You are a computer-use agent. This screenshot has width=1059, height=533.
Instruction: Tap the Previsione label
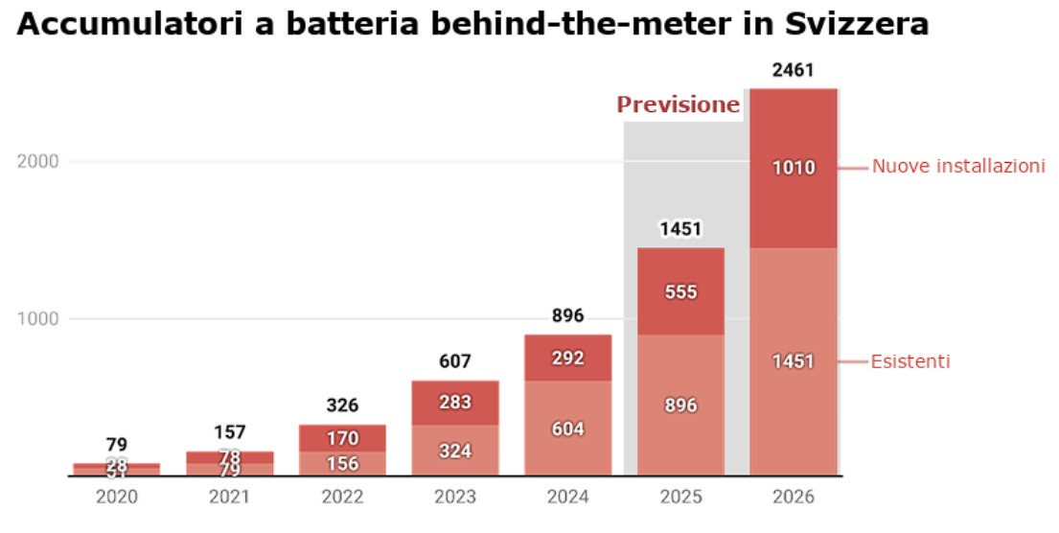click(678, 104)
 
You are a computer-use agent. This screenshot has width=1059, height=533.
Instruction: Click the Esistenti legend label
click(910, 361)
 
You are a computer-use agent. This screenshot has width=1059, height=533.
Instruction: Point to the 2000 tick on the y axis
click(39, 161)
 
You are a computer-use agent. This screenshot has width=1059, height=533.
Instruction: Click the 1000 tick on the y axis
click(39, 318)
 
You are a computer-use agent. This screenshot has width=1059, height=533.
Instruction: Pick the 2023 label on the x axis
click(455, 498)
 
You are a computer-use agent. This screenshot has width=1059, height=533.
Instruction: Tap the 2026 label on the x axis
click(794, 498)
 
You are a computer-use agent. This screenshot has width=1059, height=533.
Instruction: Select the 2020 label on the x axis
click(117, 498)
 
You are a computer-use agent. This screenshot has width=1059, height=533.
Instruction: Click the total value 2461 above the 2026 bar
click(794, 70)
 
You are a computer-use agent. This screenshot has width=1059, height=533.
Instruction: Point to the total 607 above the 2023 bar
click(455, 361)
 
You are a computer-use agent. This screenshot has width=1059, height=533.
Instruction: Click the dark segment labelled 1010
click(794, 168)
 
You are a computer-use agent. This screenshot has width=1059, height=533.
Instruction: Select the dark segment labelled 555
click(680, 292)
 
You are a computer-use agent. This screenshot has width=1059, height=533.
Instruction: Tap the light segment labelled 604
click(568, 429)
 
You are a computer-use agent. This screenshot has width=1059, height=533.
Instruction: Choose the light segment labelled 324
click(455, 450)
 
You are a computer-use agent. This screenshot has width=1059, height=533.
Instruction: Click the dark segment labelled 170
click(342, 438)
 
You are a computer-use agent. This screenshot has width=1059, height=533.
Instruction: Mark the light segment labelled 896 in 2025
click(680, 405)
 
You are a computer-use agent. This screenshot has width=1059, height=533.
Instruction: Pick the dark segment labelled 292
click(568, 359)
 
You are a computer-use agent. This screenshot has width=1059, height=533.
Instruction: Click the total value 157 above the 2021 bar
click(229, 431)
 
